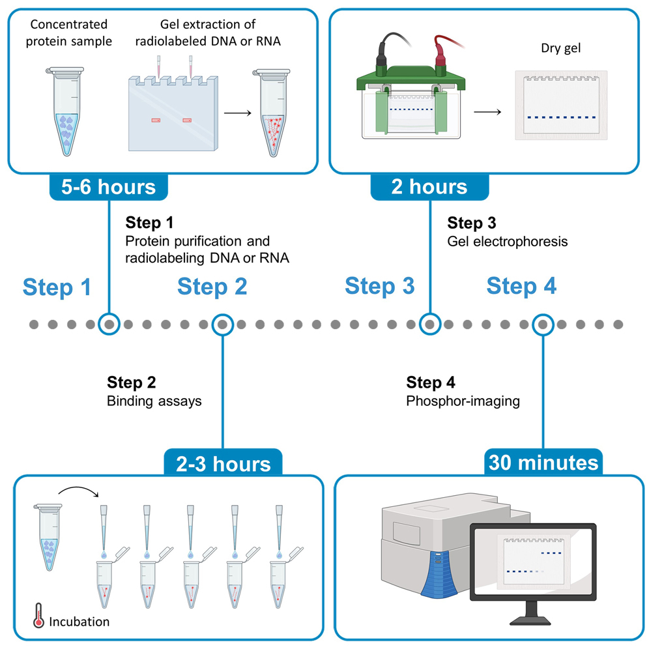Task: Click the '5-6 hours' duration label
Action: [x=108, y=187]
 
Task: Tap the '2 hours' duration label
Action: [x=429, y=186]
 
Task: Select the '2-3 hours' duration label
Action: [x=223, y=464]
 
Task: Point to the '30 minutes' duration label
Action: [x=543, y=463]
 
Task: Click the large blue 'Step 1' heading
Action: [x=57, y=287]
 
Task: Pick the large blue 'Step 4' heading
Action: [x=521, y=285]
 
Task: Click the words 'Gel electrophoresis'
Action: [x=508, y=241]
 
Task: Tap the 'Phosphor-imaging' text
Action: [x=463, y=401]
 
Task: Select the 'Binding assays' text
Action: [x=154, y=401]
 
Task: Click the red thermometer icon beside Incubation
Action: [x=38, y=616]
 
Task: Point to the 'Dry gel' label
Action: [x=560, y=48]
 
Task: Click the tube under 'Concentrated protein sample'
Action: [x=65, y=111]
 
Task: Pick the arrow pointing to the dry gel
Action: [x=487, y=112]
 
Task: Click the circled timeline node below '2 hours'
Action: [x=429, y=324]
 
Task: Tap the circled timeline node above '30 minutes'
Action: [x=543, y=324]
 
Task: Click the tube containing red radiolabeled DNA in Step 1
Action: [x=272, y=113]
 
